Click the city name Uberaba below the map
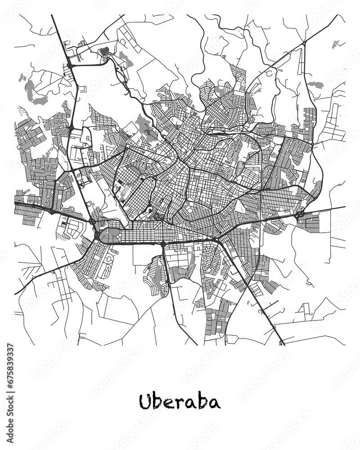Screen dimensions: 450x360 (180, 401)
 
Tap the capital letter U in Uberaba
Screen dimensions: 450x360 (145, 401)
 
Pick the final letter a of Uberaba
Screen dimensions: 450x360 (215, 403)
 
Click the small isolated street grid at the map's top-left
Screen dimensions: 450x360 (107, 52)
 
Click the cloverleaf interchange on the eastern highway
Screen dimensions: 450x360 (298, 215)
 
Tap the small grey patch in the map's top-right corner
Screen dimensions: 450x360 (335, 44)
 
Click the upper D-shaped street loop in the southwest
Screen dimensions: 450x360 (108, 260)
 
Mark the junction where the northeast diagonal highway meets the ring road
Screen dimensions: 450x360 (304, 43)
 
